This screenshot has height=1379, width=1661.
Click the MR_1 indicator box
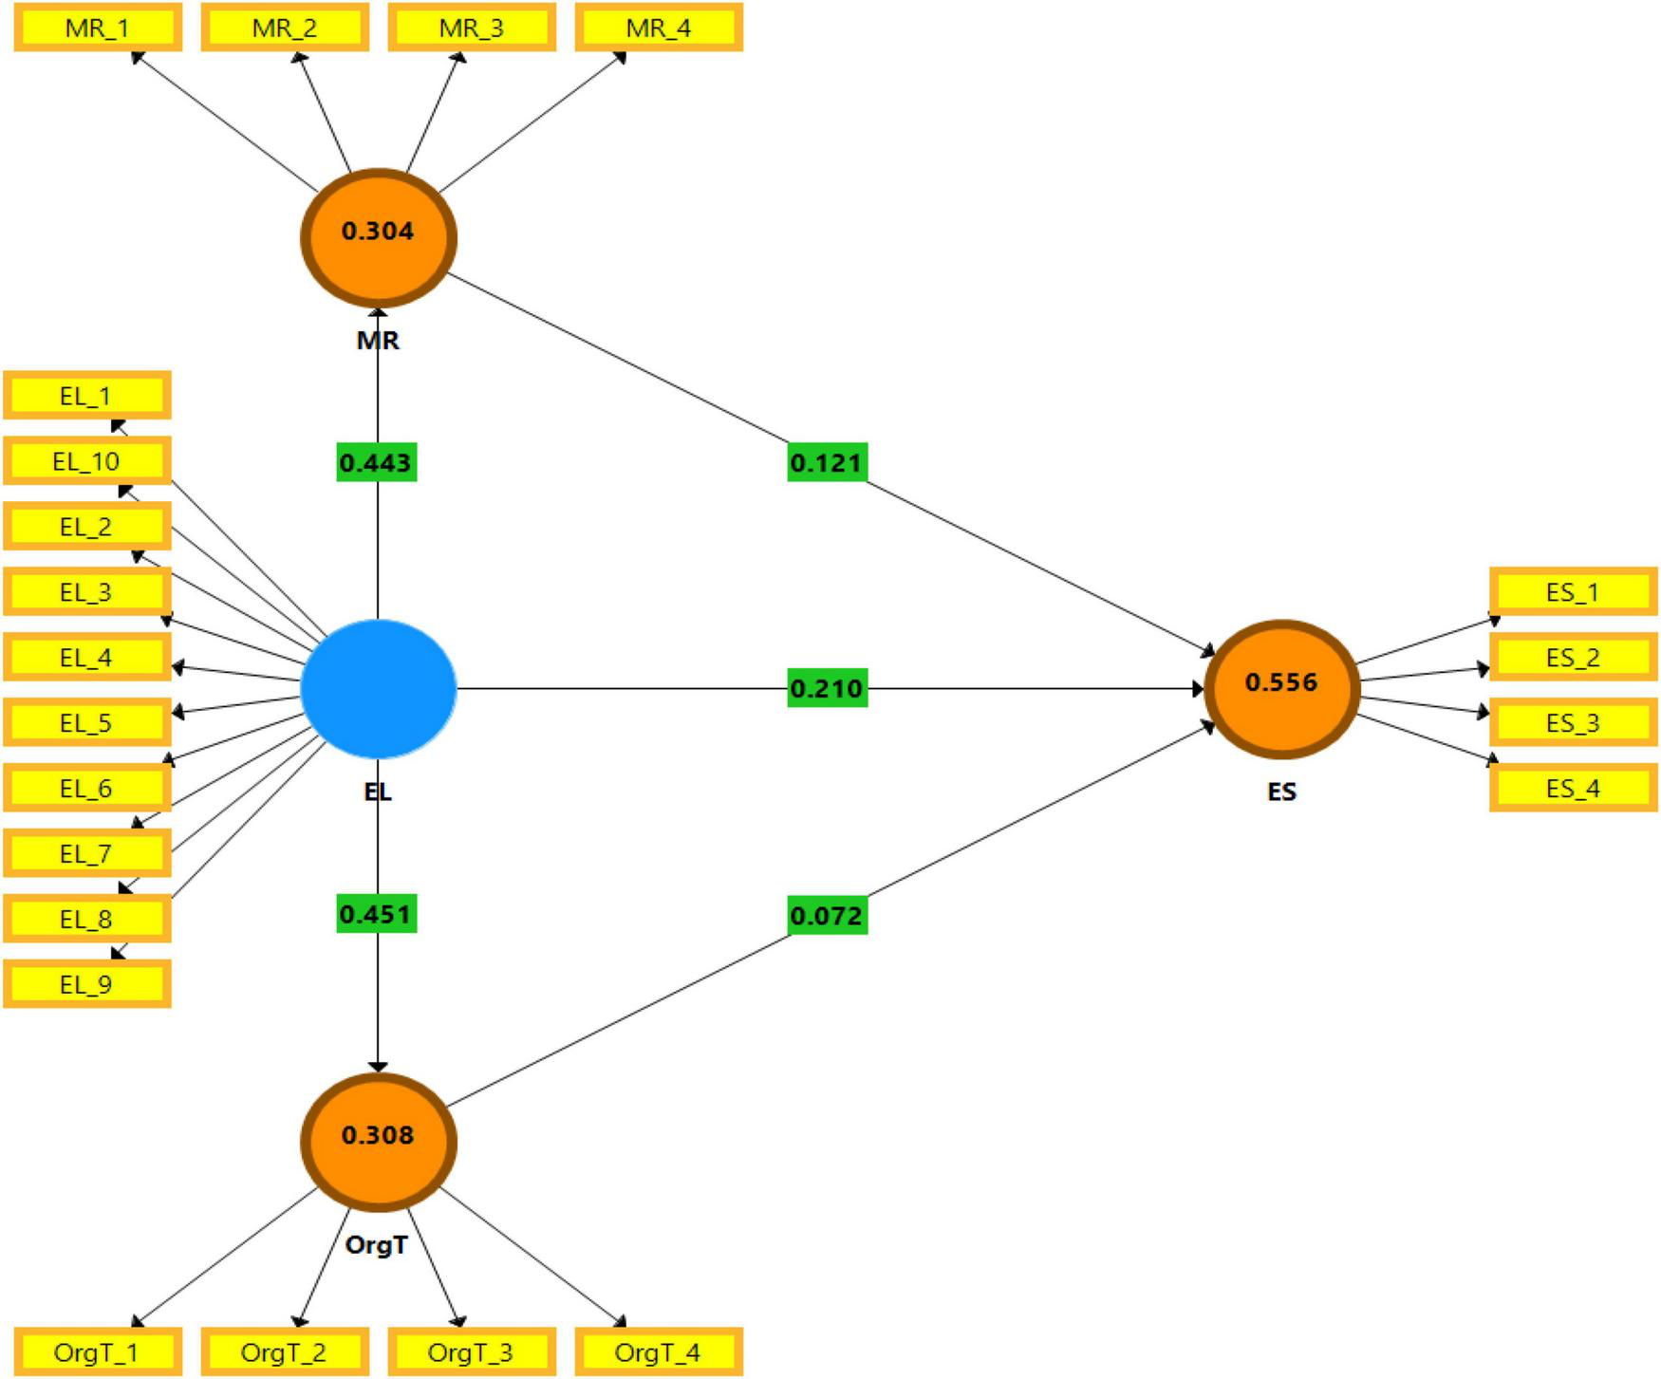coord(98,28)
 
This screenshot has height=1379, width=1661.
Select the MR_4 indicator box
coord(659,28)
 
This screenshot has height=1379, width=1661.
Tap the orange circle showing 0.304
coord(379,237)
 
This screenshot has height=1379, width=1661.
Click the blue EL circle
coord(379,689)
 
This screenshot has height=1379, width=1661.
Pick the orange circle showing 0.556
coord(1282,689)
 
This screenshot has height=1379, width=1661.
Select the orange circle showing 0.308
coord(379,1142)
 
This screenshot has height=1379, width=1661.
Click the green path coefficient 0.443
coord(376,463)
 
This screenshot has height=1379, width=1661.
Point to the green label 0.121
coord(827,463)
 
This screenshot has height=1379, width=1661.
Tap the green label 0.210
coord(827,688)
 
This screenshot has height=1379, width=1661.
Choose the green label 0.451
coord(376,914)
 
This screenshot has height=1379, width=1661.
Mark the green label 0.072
coord(827,916)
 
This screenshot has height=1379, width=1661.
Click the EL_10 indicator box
coord(86,461)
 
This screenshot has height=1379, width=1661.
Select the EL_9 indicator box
coord(86,984)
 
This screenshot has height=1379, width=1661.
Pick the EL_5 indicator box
coord(86,723)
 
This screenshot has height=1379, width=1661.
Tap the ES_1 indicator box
coord(1573,592)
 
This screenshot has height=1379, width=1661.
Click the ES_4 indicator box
coord(1573,789)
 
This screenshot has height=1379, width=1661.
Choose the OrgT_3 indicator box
coord(471,1352)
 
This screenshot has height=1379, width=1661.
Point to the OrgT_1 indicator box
coord(97,1352)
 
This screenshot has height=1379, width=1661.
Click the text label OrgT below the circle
coord(377,1244)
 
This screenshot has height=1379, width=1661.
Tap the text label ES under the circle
coord(1281,792)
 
